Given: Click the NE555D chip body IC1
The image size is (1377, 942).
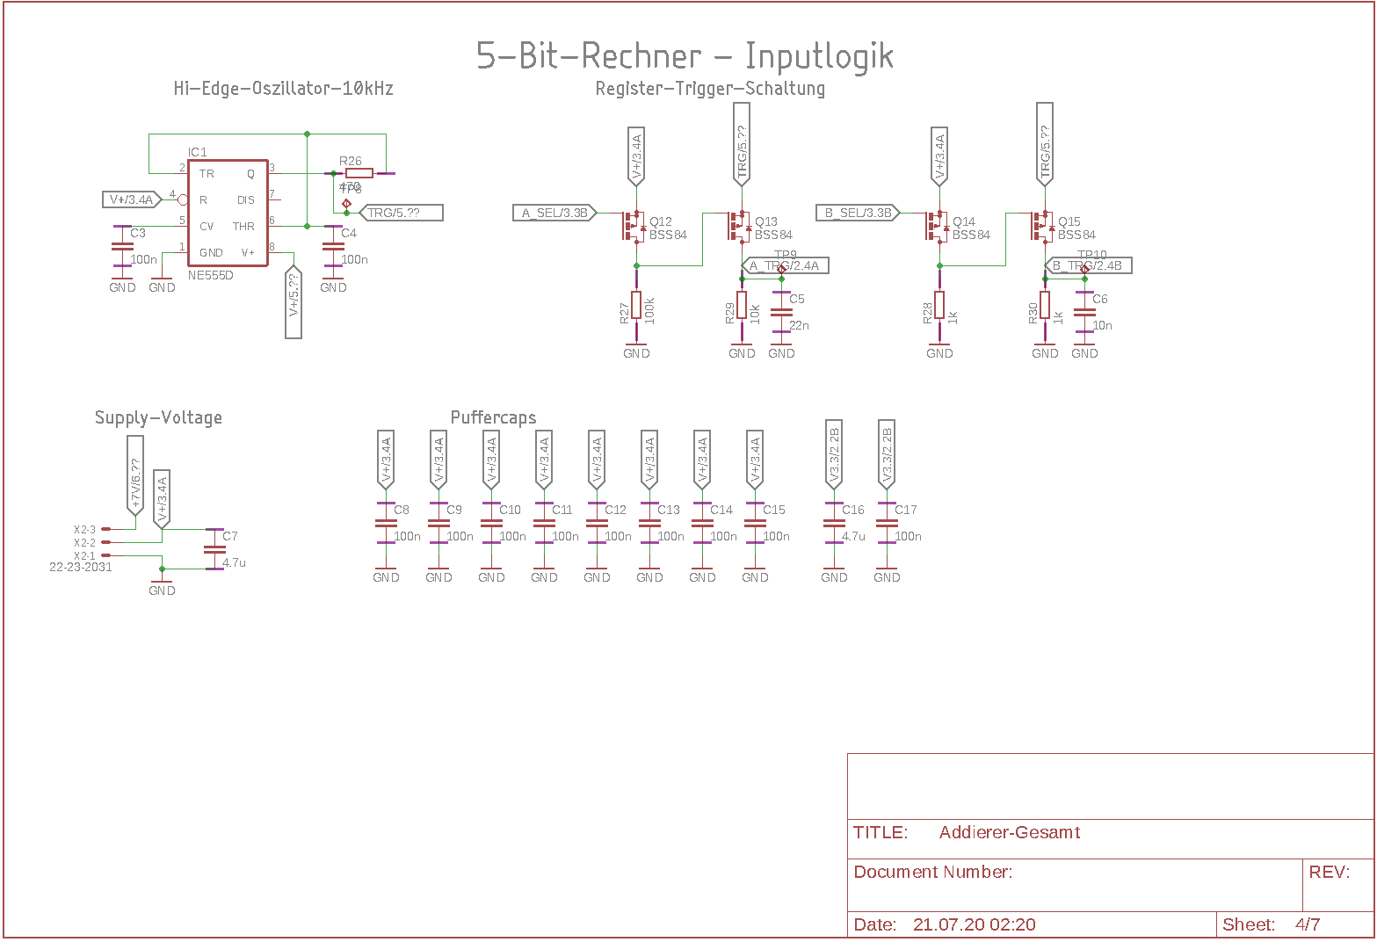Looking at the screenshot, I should click(228, 213).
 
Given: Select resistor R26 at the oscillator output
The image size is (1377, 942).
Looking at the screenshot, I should click(359, 173).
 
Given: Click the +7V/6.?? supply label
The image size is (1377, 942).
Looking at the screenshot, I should click(135, 484).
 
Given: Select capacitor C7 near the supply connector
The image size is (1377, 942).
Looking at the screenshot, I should click(214, 549).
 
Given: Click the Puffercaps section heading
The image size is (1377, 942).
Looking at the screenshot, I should click(493, 417).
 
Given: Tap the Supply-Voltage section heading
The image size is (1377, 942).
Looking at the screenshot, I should click(158, 417).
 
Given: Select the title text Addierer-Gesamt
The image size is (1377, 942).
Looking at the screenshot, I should click(1009, 832).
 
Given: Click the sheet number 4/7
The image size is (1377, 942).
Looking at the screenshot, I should click(1307, 924).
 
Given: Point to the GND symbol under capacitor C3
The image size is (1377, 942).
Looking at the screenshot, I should click(122, 284).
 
